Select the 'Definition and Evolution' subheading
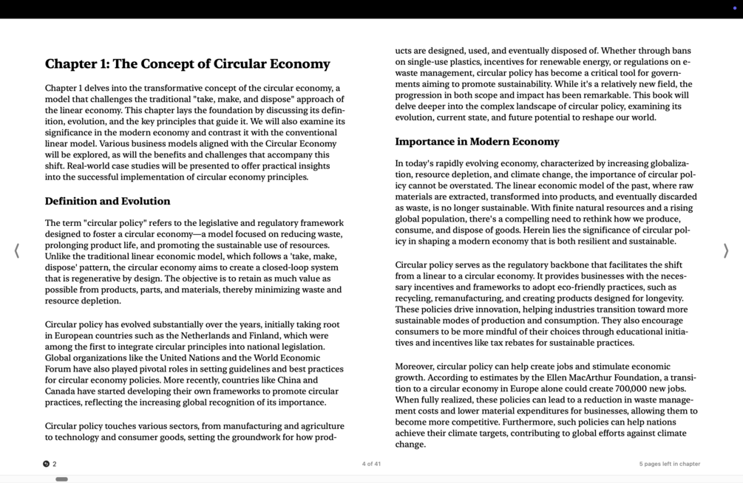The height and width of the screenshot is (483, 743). (107, 201)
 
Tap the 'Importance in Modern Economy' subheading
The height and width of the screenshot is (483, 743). (477, 142)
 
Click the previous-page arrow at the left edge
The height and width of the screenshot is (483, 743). (17, 251)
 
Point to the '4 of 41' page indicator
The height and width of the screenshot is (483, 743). (371, 464)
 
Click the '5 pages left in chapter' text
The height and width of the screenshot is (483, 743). (669, 464)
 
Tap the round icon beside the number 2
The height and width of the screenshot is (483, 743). (47, 464)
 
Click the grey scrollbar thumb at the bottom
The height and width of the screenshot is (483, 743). (62, 479)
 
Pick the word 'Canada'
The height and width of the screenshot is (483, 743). (62, 391)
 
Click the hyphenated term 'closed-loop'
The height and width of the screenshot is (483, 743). (285, 267)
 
